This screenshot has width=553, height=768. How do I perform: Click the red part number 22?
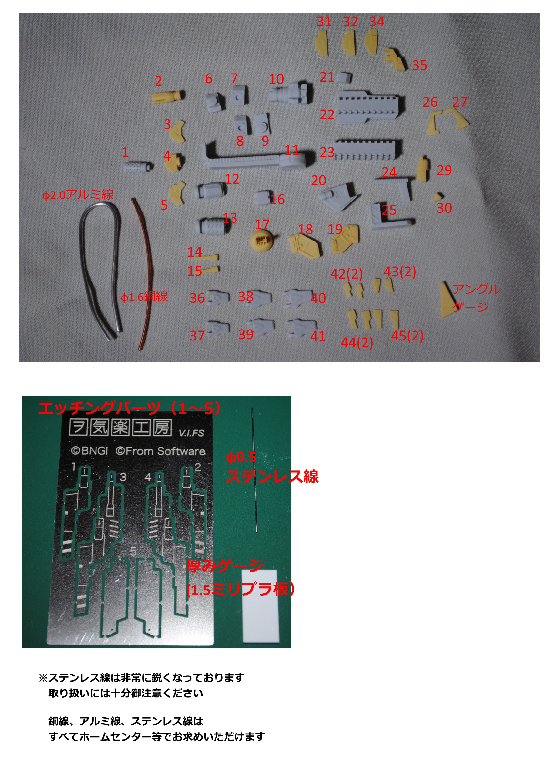click(x=327, y=114)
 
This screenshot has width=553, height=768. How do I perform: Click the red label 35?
click(x=419, y=65)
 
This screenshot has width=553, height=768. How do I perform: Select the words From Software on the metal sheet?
click(x=165, y=451)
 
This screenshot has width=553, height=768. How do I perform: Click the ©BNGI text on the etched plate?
click(x=89, y=451)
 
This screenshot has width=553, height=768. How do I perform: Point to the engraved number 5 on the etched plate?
click(x=133, y=552)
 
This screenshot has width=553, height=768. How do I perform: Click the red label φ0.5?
click(x=241, y=458)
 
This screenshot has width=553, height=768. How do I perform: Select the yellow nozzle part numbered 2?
click(x=168, y=96)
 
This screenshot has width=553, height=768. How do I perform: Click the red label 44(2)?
click(x=357, y=342)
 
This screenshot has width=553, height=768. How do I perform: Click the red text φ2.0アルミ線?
click(x=78, y=195)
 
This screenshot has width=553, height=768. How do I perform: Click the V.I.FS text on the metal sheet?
click(x=191, y=433)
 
